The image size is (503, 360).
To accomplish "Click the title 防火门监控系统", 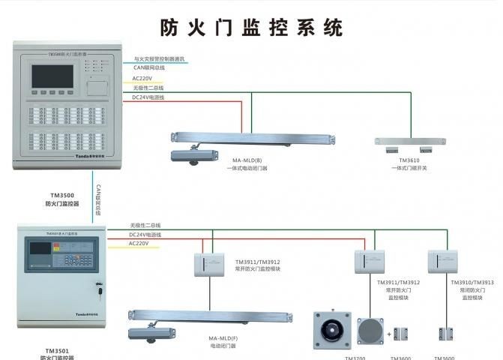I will [x=251, y=27].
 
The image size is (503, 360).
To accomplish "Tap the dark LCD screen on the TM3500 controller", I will [x=52, y=76].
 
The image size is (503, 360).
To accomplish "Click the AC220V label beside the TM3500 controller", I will [x=142, y=78].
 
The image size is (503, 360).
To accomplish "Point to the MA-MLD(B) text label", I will [x=247, y=161].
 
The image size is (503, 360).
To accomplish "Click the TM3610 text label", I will [x=409, y=160].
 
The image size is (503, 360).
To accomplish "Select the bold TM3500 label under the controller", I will [x=61, y=195].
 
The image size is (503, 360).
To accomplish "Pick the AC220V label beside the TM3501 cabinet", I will [x=139, y=243].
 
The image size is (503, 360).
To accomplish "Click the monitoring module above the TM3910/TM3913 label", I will [x=442, y=260].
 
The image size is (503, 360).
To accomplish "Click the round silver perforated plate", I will [x=370, y=331].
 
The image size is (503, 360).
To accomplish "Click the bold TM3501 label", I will [x=57, y=350].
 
